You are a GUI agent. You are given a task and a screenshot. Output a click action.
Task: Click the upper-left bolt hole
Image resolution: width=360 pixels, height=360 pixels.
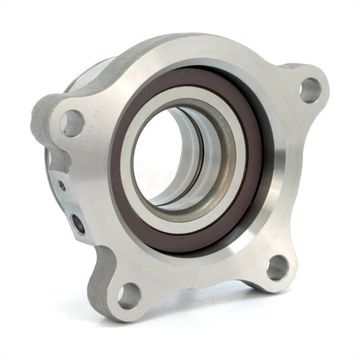71,122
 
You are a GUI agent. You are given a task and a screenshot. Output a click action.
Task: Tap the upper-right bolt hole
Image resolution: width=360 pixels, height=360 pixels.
310,89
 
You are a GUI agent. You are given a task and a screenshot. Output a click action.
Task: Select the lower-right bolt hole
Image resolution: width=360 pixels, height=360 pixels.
277,267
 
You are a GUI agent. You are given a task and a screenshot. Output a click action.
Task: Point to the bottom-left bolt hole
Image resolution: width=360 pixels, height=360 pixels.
128,295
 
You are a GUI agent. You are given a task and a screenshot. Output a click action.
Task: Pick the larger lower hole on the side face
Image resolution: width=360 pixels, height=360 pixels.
79,223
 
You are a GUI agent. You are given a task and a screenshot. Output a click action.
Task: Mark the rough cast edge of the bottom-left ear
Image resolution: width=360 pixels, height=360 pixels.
101,284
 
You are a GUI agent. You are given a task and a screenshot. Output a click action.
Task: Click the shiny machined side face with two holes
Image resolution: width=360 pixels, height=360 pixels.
68,203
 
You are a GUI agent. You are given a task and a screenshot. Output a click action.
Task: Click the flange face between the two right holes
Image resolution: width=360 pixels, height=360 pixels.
297,182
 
